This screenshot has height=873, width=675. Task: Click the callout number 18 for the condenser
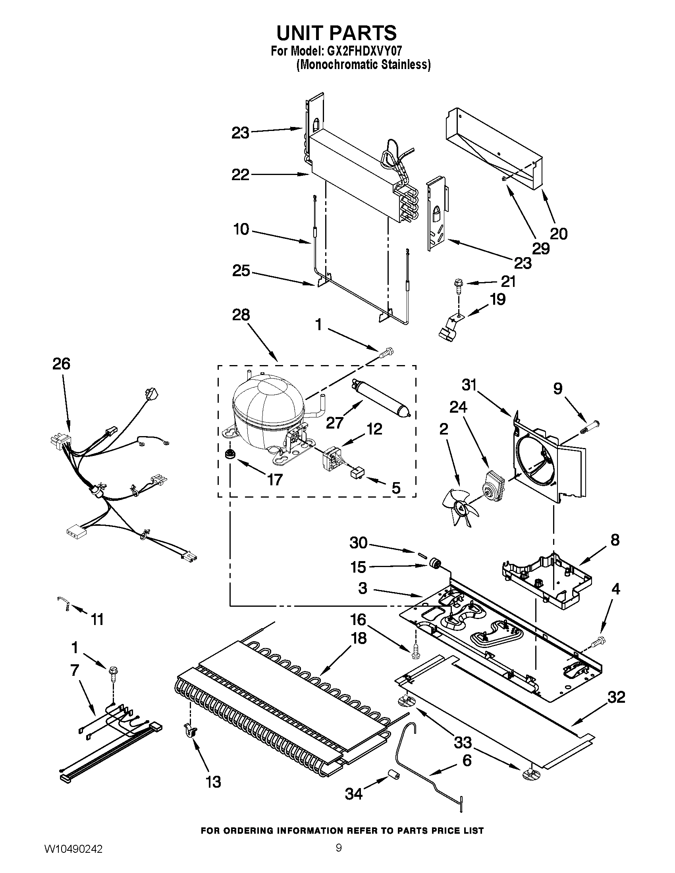tap(359, 638)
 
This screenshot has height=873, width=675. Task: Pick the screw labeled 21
tap(457, 285)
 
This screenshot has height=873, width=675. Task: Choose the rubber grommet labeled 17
tap(230, 454)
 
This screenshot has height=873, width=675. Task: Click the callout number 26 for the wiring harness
tap(61, 364)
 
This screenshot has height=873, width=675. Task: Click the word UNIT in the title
tap(306, 33)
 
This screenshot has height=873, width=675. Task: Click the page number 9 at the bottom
tap(338, 856)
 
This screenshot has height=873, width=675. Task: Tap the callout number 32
tap(616, 697)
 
